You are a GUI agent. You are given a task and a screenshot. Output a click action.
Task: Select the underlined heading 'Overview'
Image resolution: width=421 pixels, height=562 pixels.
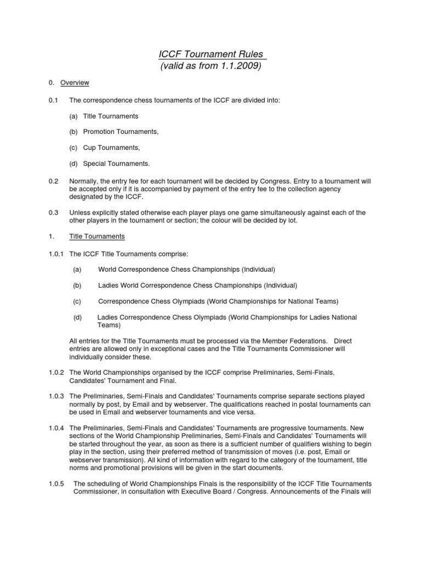[75, 83]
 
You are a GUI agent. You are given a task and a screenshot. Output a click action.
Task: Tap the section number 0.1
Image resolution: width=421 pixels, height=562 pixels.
[53, 100]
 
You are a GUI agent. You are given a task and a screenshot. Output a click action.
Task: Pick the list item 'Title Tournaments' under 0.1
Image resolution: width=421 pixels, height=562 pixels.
[111, 116]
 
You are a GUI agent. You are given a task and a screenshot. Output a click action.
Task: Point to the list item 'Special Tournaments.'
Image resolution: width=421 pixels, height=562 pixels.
[116, 164]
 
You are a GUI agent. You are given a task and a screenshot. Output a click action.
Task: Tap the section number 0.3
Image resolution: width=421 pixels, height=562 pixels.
[53, 212]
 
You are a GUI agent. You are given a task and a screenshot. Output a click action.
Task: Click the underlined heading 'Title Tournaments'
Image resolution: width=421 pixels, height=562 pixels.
[97, 237]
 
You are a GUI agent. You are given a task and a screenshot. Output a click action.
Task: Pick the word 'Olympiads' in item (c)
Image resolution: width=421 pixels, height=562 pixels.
[200, 301]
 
